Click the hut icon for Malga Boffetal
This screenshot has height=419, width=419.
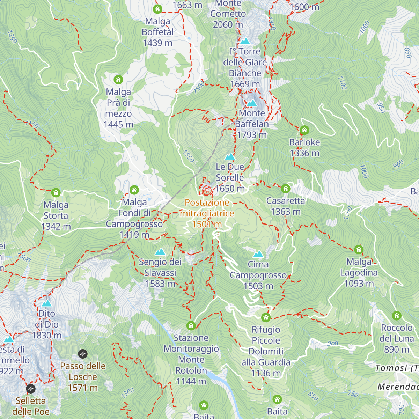pos(157,9)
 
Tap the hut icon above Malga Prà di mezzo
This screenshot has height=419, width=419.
pos(118,80)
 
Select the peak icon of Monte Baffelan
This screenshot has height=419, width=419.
pos(252,103)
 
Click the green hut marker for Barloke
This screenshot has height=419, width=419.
pos(304,130)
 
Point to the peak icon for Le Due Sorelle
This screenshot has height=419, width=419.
pos(230,156)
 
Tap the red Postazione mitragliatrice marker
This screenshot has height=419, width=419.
pos(207,190)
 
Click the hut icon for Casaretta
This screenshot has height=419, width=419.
pos(286,189)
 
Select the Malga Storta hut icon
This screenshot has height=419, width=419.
pos(56,192)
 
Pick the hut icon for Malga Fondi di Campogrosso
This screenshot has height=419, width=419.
pos(134,190)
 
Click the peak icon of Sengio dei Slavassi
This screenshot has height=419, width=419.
pos(160,251)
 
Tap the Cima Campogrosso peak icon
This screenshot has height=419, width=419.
pos(258,254)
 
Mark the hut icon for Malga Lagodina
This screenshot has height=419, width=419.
pos(359,249)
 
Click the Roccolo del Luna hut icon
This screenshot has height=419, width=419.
pos(396,316)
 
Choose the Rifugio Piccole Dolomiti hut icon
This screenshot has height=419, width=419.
pos(266,317)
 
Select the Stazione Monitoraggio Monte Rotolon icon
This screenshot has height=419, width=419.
pos(191,326)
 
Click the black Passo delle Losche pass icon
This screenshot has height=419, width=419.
pos(83,354)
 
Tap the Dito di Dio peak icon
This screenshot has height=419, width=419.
pos(46,303)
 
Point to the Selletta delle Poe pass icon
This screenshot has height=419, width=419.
pos(31,388)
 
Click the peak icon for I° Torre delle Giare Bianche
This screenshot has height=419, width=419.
pos(245,41)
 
